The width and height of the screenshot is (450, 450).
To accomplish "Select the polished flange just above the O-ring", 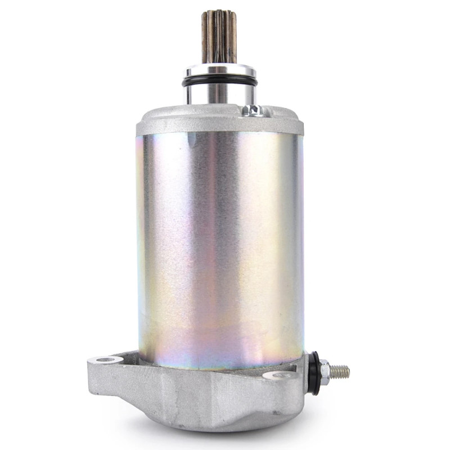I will pyautogui.click(x=219, y=71).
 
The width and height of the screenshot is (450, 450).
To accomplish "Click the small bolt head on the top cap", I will pyautogui.click(x=253, y=110).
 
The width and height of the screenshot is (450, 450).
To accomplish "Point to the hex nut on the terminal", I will pyautogui.click(x=325, y=370).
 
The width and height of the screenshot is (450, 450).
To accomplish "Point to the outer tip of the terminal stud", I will pyautogui.click(x=348, y=372).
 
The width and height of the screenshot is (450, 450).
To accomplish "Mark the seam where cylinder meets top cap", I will pyautogui.click(x=219, y=134).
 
